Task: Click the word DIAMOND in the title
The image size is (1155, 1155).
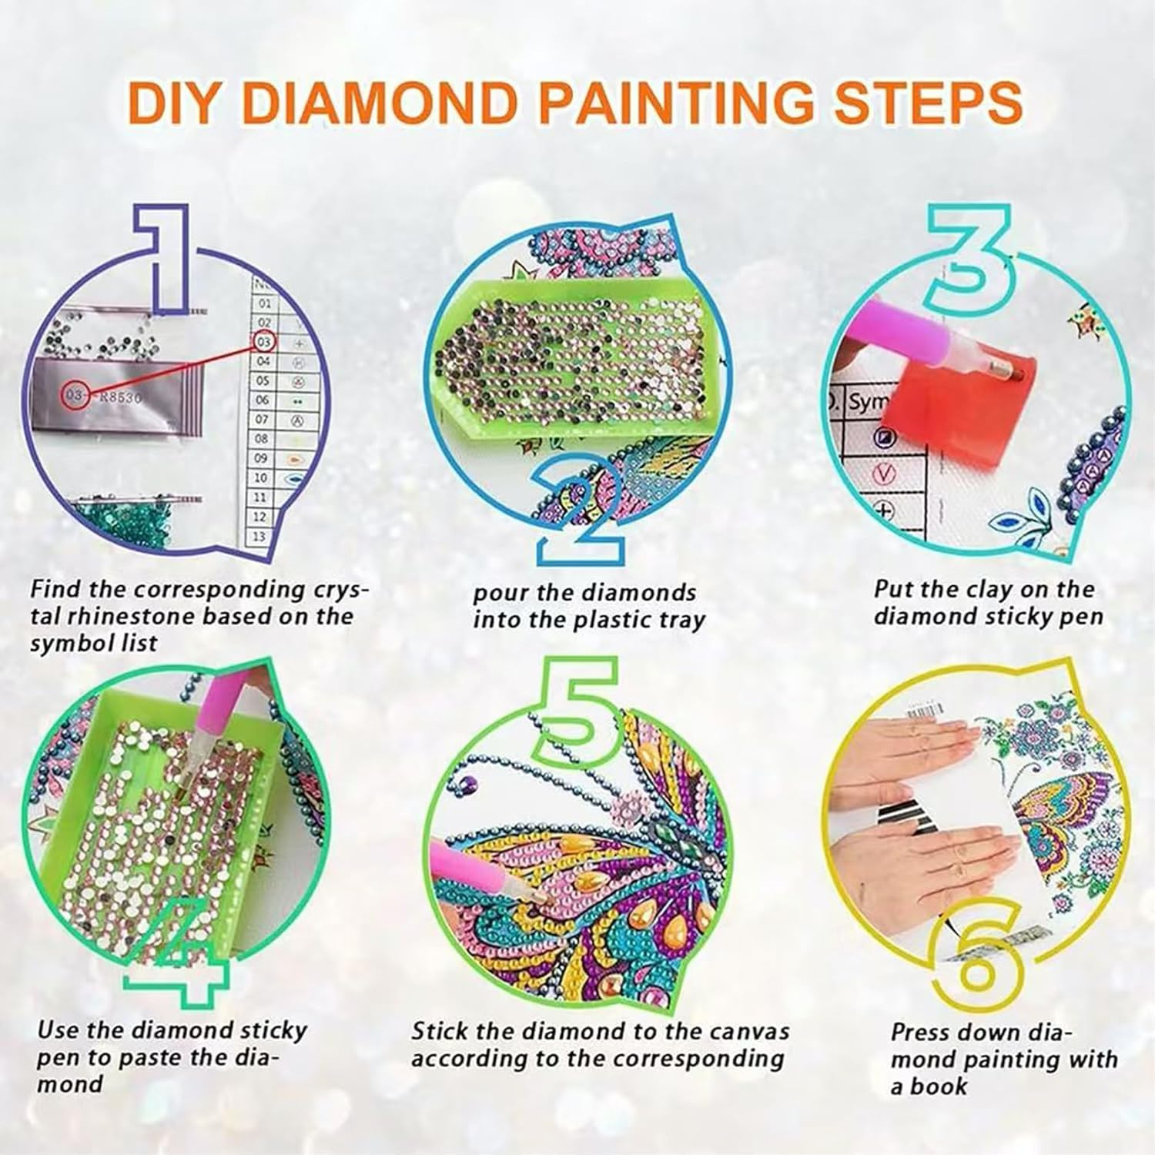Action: [x=383, y=102]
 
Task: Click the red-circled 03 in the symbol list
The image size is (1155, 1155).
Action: [x=264, y=341]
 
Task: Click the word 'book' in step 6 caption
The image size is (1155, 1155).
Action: [x=939, y=1086]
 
